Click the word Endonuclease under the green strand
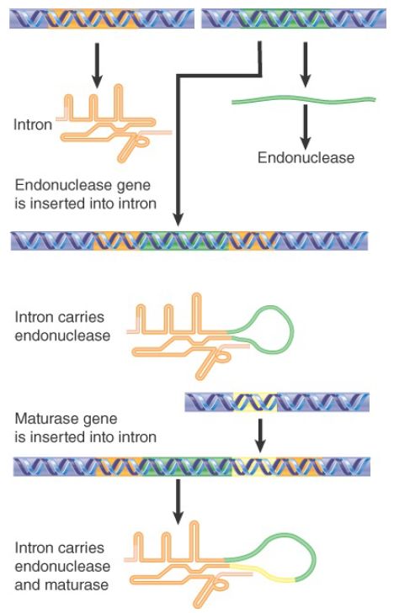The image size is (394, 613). pyautogui.click(x=306, y=157)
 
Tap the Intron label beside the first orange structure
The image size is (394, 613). pyautogui.click(x=33, y=124)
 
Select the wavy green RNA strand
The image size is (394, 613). pyautogui.click(x=304, y=100)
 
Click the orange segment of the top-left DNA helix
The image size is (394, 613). pyautogui.click(x=93, y=19)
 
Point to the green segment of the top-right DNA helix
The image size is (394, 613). pyautogui.click(x=285, y=19)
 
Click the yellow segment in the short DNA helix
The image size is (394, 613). pyautogui.click(x=255, y=402)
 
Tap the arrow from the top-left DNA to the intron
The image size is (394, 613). pyautogui.click(x=98, y=66)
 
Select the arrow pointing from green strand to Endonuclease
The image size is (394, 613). pyautogui.click(x=306, y=127)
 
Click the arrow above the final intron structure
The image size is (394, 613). pyautogui.click(x=178, y=502)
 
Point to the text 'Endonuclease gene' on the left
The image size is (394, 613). pyautogui.click(x=83, y=185)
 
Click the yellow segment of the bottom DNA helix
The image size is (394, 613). pyautogui.click(x=254, y=467)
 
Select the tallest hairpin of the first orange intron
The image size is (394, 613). pyautogui.click(x=119, y=102)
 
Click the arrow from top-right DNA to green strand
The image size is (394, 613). pyautogui.click(x=306, y=65)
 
